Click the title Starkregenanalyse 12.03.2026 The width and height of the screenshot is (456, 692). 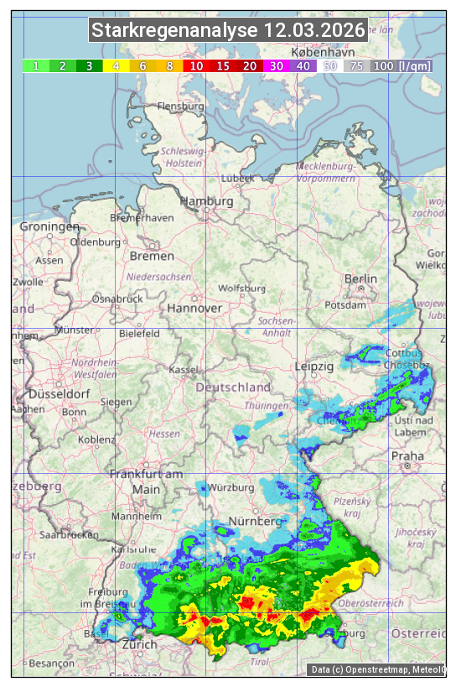[x=228, y=31]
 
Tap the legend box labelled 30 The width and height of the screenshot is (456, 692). [x=276, y=65]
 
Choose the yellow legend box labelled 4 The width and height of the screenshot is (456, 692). [x=116, y=65]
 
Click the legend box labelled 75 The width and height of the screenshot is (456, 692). [x=356, y=65]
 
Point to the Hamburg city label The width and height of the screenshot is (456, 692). [x=206, y=202]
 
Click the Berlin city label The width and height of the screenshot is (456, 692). [x=361, y=279]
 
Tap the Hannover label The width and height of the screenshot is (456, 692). [x=194, y=309]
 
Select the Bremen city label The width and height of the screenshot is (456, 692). [x=152, y=256]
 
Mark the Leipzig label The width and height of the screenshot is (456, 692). [x=314, y=367]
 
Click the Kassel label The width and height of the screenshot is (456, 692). [x=184, y=370]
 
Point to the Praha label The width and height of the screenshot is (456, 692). [x=407, y=456]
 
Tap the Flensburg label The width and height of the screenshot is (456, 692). [x=181, y=107]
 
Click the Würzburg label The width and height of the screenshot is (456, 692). [x=232, y=487]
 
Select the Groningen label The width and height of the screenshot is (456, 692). [x=49, y=227]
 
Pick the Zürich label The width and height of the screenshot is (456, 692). [x=139, y=645]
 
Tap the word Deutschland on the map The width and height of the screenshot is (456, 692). [x=233, y=388]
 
